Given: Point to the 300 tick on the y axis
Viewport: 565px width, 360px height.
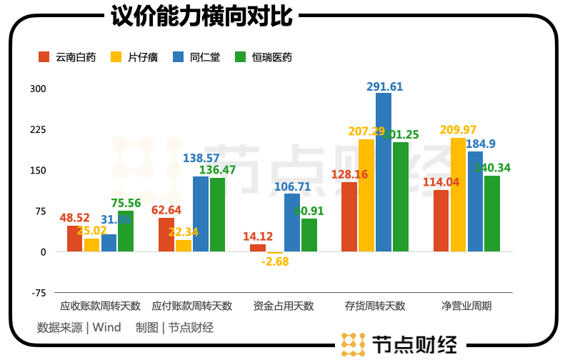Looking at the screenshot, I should click(37, 89).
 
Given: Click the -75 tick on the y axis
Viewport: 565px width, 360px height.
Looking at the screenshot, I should click(37, 293).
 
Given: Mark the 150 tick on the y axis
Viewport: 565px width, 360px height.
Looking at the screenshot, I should click(37, 171).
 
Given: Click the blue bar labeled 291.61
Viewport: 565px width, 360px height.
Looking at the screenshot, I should click(384, 172).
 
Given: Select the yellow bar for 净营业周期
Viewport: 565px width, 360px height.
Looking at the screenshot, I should click(458, 194).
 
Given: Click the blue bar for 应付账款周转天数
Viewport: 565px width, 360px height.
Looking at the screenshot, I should click(201, 214).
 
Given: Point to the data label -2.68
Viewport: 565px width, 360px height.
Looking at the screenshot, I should click(275, 261).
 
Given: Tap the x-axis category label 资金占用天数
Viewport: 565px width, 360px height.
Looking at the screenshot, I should click(284, 306).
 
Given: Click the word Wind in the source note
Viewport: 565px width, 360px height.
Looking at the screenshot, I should click(107, 328).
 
